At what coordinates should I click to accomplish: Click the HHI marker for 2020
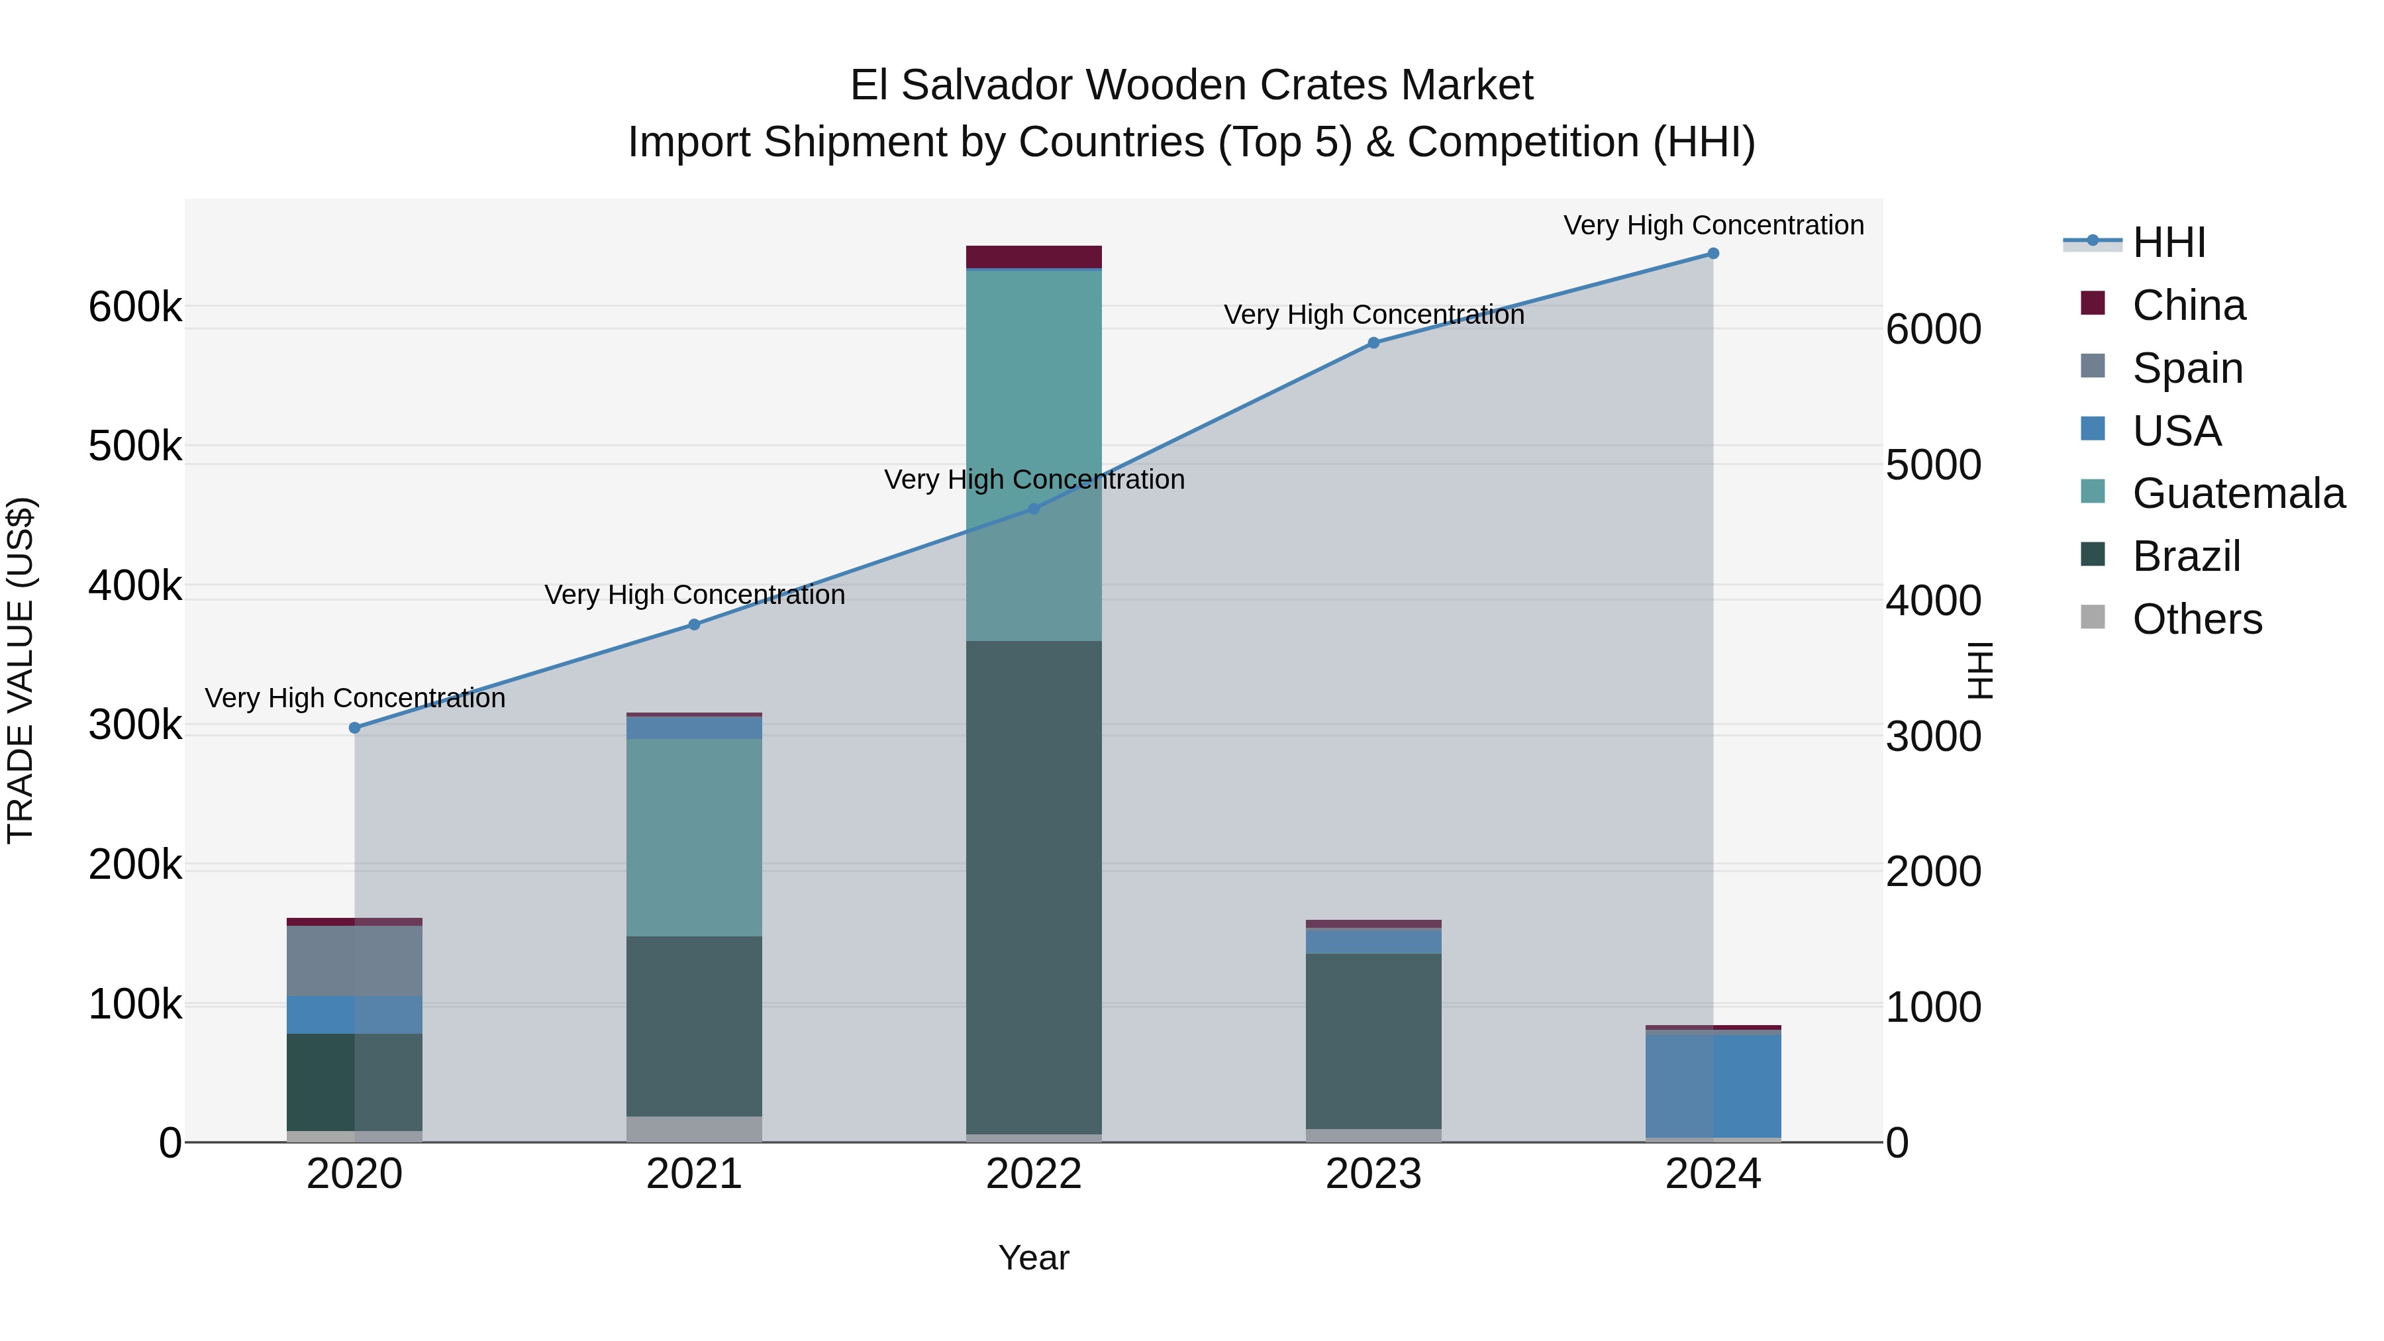tap(354, 727)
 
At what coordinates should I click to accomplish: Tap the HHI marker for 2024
tap(1713, 254)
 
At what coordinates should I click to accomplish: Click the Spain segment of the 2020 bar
tap(354, 961)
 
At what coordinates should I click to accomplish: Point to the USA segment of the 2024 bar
tap(1713, 1085)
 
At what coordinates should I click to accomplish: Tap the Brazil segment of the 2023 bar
tap(1373, 1040)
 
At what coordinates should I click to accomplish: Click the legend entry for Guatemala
tap(2238, 493)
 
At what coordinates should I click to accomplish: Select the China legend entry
tap(2188, 305)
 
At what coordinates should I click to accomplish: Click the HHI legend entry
tap(2168, 242)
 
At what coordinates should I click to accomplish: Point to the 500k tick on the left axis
tap(135, 446)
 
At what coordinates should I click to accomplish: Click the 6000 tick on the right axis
tap(1933, 330)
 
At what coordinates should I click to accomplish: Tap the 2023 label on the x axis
tap(1373, 1174)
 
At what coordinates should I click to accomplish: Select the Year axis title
tap(1034, 1258)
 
